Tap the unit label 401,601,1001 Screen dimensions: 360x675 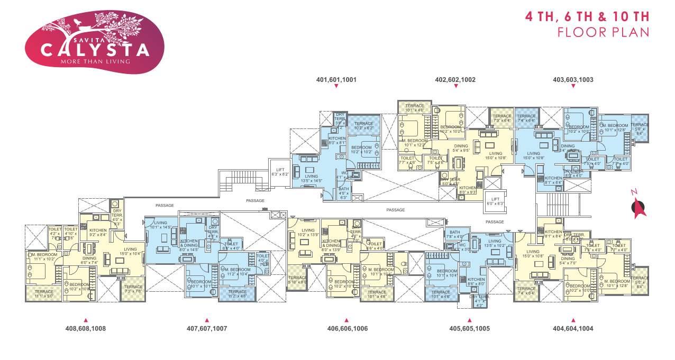click(x=336, y=80)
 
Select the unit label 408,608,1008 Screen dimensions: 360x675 click(x=86, y=328)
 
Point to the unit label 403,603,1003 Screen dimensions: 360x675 click(x=573, y=80)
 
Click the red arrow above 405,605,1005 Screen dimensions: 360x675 click(x=469, y=320)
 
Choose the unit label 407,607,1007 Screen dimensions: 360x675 click(x=207, y=328)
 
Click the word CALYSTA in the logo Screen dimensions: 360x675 click(x=88, y=50)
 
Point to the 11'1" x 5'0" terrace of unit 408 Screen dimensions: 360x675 click(x=44, y=293)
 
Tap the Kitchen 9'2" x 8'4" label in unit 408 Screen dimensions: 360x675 click(x=98, y=233)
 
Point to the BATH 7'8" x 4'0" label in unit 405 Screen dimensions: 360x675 click(x=455, y=234)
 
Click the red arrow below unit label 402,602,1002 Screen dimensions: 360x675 click(x=455, y=86)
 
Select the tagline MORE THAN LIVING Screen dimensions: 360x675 click(x=88, y=61)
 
